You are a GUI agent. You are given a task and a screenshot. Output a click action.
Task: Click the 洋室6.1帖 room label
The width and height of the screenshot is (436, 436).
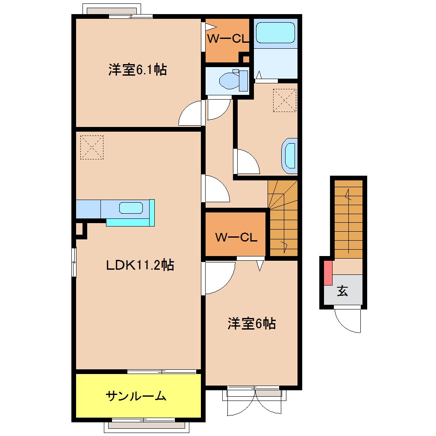pos(138,70)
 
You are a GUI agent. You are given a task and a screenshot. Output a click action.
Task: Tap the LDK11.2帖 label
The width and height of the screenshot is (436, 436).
pos(140,265)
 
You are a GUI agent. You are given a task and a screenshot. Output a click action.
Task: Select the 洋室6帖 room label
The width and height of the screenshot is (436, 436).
pos(252,324)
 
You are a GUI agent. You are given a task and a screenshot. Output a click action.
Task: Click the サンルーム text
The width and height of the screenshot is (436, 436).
pos(136,395)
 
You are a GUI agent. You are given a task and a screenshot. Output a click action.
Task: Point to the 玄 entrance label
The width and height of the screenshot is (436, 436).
pos(342,291)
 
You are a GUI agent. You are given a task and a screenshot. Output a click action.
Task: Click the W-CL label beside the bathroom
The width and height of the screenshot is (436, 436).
pos(228,38)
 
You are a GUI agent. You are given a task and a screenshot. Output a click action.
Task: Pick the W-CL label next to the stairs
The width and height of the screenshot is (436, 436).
pos(236,237)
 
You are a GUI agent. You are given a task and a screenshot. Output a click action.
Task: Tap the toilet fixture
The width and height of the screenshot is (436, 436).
pos(233,80)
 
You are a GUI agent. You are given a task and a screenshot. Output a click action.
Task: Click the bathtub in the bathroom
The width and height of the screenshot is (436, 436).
pos(275,32)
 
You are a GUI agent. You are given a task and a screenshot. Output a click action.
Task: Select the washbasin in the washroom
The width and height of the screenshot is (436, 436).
pos(289,156)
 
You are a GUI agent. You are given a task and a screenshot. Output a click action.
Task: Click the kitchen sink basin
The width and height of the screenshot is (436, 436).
pos(131,208)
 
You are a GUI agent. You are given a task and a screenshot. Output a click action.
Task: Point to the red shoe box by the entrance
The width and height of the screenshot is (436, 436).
pos(328,273)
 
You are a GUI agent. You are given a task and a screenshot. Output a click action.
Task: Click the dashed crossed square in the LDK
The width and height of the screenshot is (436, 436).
pos(92,147)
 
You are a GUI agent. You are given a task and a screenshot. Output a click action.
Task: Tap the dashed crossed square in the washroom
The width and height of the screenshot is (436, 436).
pos(284,100)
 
